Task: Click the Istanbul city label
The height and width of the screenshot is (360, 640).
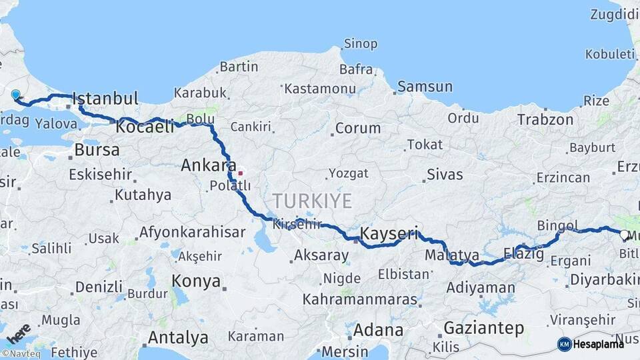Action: coord(105,99)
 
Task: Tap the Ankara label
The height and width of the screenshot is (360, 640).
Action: coord(209,165)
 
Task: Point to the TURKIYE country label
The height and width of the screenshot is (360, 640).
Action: coord(311,200)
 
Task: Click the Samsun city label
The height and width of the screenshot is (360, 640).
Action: coord(425,87)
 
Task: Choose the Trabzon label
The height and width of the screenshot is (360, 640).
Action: coord(545,120)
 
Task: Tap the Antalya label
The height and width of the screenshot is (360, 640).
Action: coord(178,337)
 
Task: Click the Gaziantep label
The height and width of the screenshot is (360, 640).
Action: coord(483,328)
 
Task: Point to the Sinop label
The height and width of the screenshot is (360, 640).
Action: coord(360,44)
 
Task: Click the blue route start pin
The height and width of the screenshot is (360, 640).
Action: coord(15,95)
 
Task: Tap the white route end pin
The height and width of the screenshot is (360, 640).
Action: coord(624,235)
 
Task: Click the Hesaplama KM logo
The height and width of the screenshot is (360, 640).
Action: coord(591,344)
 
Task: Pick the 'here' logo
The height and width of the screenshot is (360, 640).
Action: coord(18,331)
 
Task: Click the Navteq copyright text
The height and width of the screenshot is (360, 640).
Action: coord(21,353)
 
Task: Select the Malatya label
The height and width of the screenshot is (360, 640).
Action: coord(452,255)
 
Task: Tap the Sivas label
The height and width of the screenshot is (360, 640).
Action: coord(445,175)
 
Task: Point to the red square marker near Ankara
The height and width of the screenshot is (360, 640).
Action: coord(240,173)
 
